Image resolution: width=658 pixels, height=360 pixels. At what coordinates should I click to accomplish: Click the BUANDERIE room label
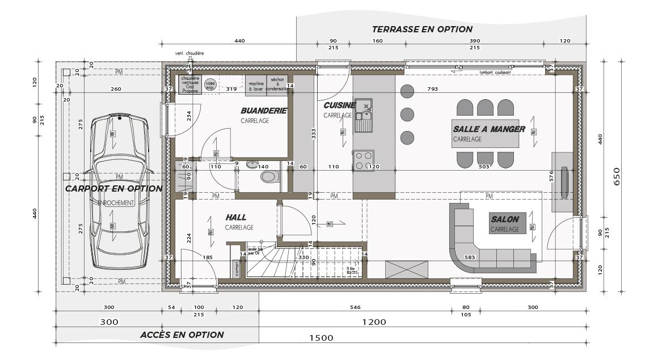click(264, 111)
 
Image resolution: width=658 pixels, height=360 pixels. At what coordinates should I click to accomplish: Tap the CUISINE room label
click(339, 105)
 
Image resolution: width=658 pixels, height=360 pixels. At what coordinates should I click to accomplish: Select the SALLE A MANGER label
click(488, 129)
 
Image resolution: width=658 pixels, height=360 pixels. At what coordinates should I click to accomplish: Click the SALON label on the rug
click(505, 219)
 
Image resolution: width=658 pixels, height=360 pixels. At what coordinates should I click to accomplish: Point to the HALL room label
click(235, 217)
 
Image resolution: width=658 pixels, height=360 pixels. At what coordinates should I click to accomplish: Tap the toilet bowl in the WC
click(270, 177)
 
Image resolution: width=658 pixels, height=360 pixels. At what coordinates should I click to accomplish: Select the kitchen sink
click(363, 115)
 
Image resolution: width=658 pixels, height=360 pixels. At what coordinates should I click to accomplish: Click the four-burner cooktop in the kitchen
click(363, 160)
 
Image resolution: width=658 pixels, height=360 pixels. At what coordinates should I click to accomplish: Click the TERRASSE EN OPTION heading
click(422, 29)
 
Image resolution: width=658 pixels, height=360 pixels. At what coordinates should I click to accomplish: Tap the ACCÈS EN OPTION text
click(182, 335)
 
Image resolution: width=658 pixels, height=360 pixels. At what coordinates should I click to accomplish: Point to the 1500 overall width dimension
click(321, 338)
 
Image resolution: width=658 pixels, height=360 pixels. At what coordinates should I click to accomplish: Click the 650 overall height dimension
click(617, 177)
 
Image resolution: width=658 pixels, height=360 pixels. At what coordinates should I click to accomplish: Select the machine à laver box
click(256, 85)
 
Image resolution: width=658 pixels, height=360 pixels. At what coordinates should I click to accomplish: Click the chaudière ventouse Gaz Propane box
click(190, 84)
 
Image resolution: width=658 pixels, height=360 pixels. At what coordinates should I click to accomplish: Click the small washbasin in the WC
click(252, 165)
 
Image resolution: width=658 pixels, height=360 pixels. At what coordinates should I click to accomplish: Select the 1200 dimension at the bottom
click(374, 322)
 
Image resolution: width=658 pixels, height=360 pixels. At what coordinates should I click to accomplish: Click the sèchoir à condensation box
click(277, 84)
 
